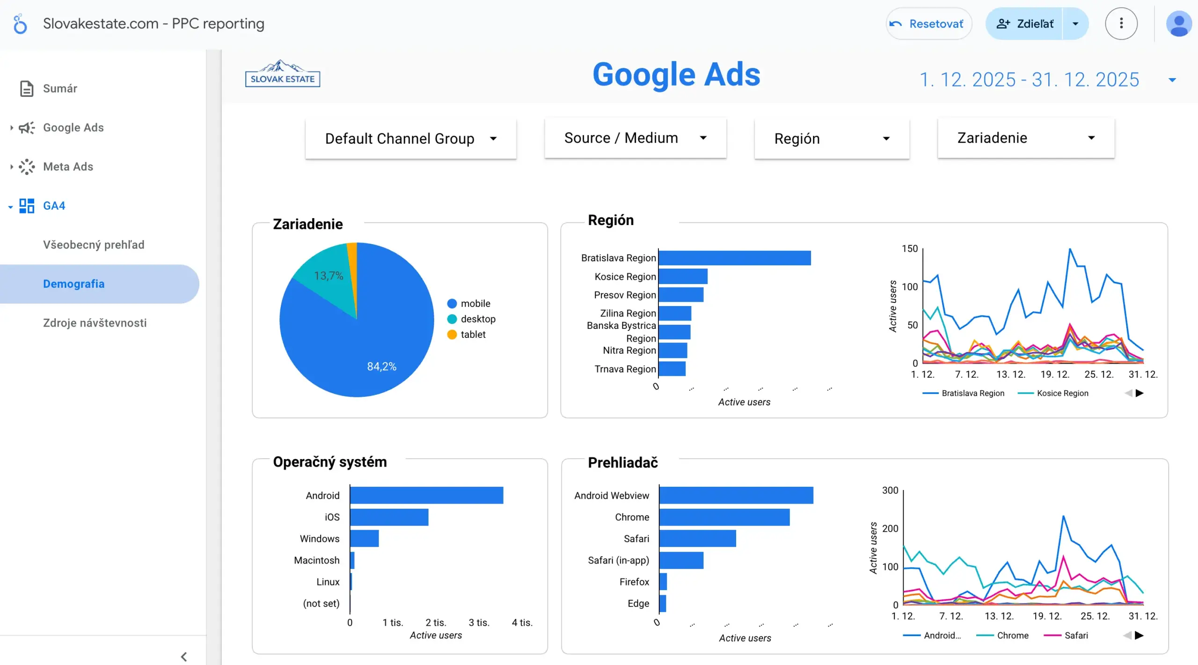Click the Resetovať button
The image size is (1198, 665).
pyautogui.click(x=928, y=24)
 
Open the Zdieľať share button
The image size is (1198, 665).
pyautogui.click(x=1025, y=24)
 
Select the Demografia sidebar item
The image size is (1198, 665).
pyautogui.click(x=73, y=284)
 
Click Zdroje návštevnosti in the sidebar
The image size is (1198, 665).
pyautogui.click(x=95, y=323)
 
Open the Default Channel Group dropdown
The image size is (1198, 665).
pyautogui.click(x=410, y=139)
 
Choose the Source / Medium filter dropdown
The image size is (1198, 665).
pyautogui.click(x=635, y=138)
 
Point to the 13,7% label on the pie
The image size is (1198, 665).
pyautogui.click(x=329, y=276)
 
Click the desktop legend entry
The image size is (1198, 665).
pyautogui.click(x=477, y=319)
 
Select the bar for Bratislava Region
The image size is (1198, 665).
pyautogui.click(x=734, y=258)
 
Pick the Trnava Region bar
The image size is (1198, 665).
pyautogui.click(x=672, y=369)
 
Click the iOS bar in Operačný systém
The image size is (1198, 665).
pyautogui.click(x=389, y=517)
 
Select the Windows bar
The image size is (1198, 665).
pyautogui.click(x=364, y=539)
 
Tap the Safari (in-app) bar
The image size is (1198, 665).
pyautogui.click(x=681, y=560)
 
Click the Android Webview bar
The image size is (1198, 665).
pyautogui.click(x=736, y=496)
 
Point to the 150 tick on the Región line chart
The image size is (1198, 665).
pyautogui.click(x=909, y=248)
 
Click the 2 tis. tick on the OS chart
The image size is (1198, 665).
pyautogui.click(x=435, y=623)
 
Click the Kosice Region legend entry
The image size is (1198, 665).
pyautogui.click(x=1062, y=394)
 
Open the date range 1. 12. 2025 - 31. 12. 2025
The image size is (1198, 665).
pyautogui.click(x=1029, y=80)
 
